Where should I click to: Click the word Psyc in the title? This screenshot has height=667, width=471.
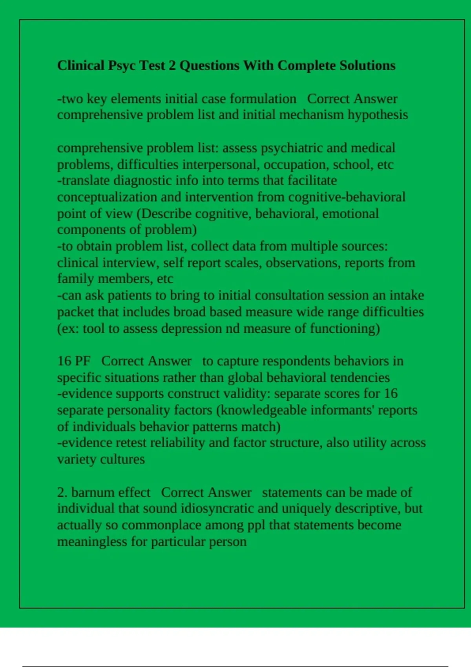coord(122,66)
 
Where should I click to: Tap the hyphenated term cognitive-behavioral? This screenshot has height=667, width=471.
coord(347,197)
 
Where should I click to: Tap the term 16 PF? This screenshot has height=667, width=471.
coord(74,361)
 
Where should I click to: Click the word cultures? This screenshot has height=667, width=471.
coord(123,459)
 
